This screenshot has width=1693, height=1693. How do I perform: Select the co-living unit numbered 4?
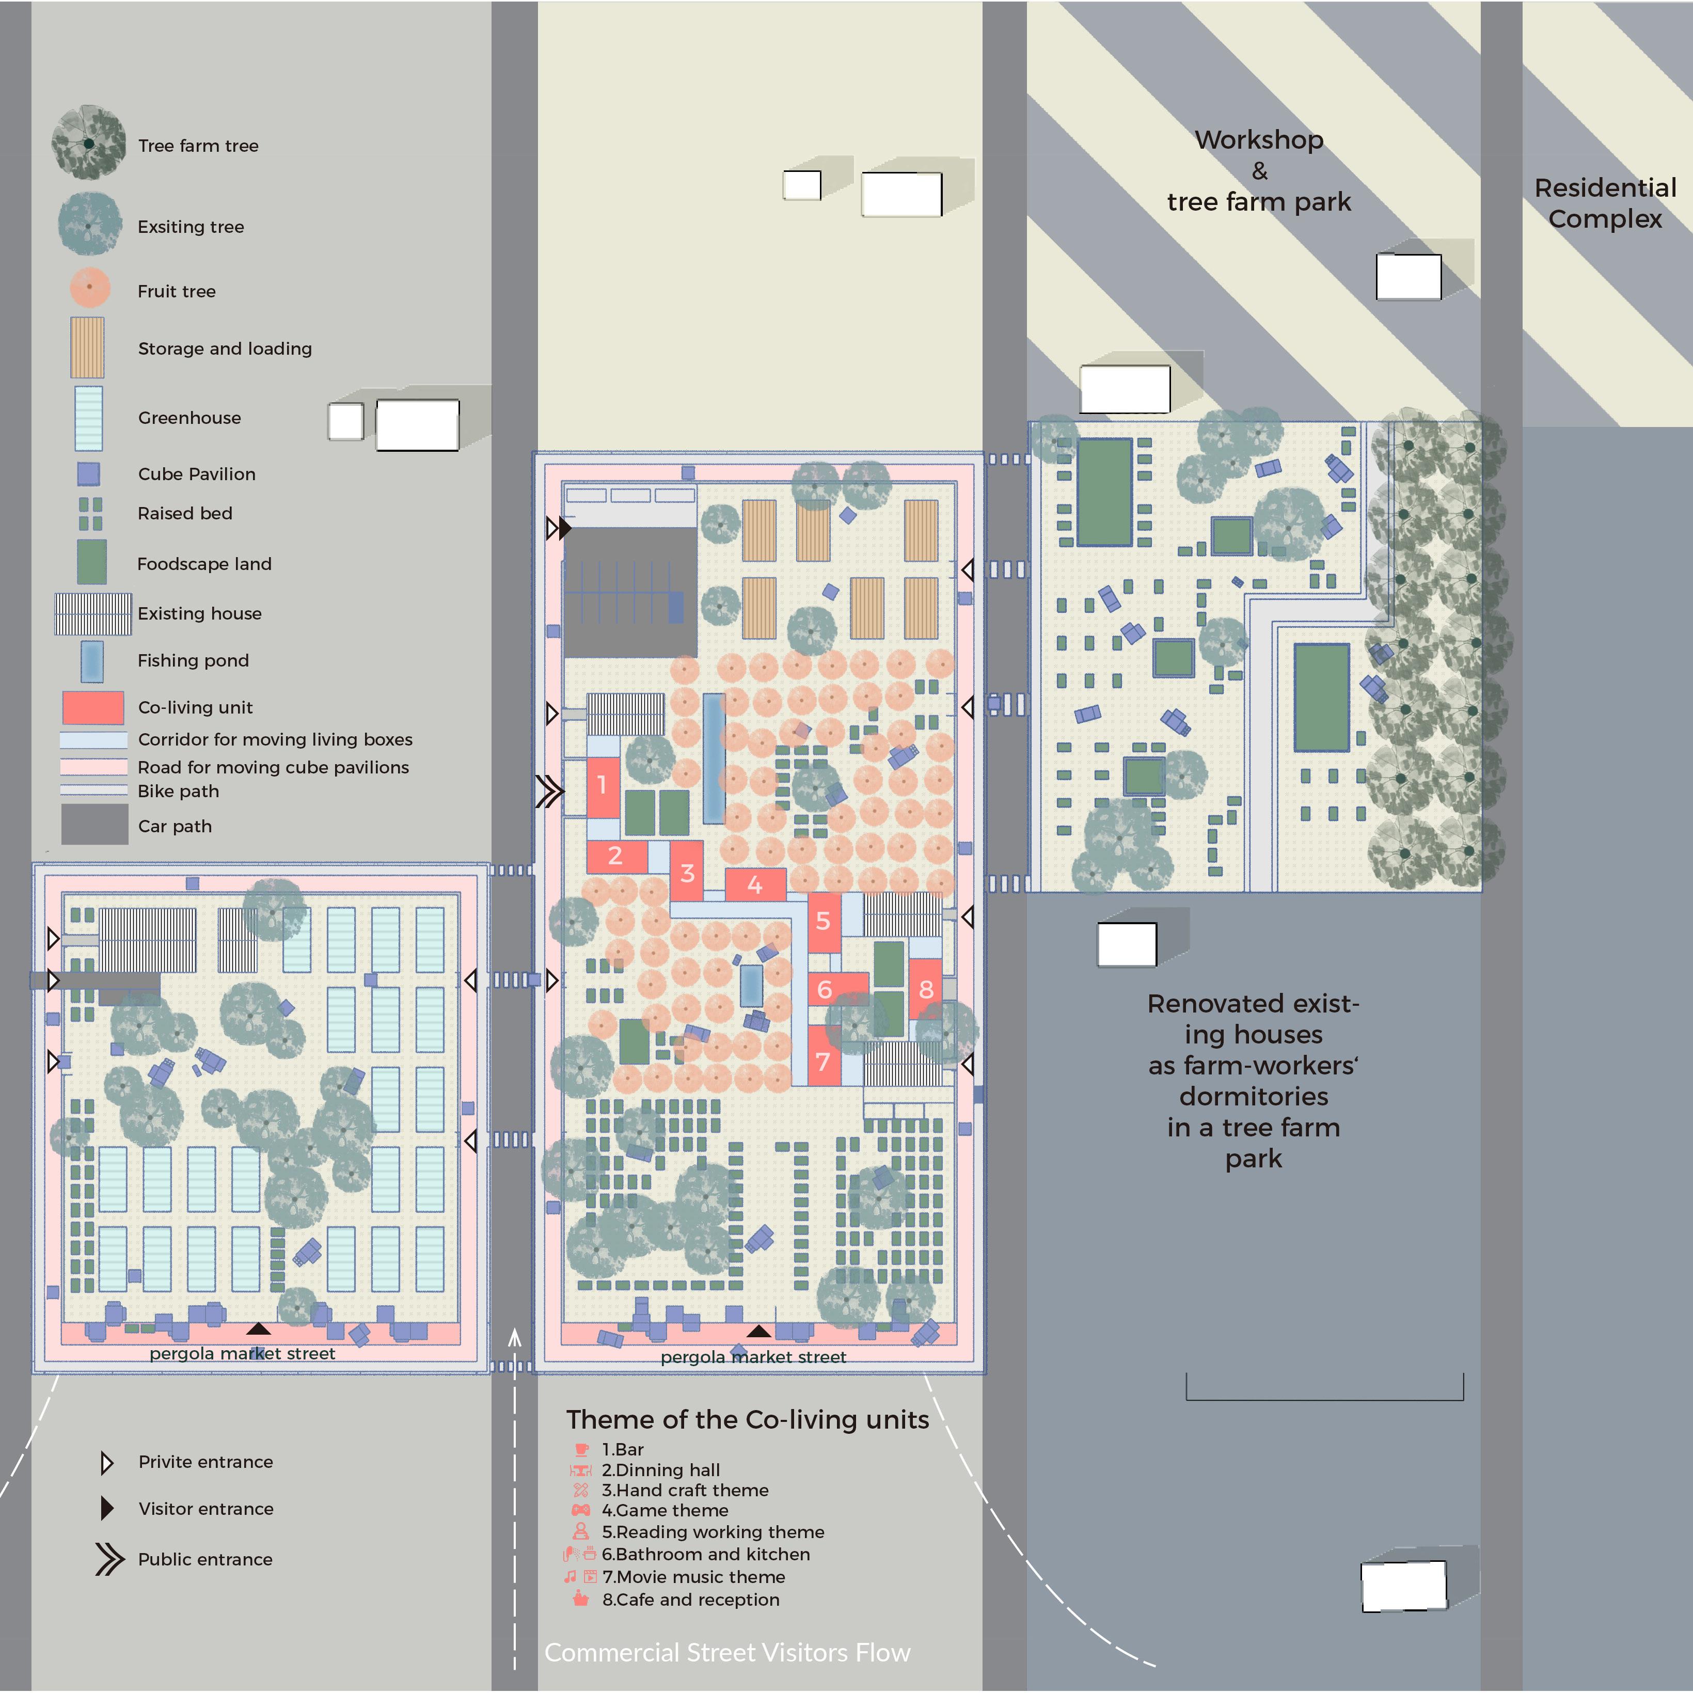(x=754, y=885)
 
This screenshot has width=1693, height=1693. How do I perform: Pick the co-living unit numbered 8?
(x=925, y=989)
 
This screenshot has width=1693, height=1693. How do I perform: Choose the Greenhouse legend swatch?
(x=88, y=418)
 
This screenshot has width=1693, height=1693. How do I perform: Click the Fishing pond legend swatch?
(x=91, y=661)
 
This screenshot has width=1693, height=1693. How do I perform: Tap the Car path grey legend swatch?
(x=94, y=825)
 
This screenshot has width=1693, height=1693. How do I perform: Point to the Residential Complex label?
(x=1605, y=203)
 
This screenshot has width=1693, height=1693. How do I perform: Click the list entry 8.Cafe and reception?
(x=690, y=1599)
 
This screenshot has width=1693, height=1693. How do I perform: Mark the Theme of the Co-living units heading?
(x=748, y=1419)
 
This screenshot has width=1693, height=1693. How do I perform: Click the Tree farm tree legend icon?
(x=88, y=143)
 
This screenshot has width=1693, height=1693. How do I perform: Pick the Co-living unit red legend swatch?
(x=93, y=707)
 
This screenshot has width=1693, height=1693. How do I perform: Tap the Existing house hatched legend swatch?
(x=93, y=613)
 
